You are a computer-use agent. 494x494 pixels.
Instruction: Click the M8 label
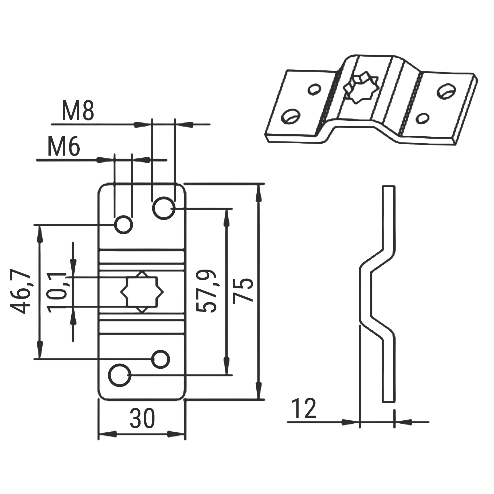78,111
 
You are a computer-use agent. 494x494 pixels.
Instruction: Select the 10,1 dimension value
57,292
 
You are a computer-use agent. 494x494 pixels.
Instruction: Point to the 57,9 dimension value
207,291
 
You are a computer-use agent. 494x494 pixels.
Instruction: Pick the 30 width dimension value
142,418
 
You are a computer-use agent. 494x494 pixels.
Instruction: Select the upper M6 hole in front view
124,224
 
